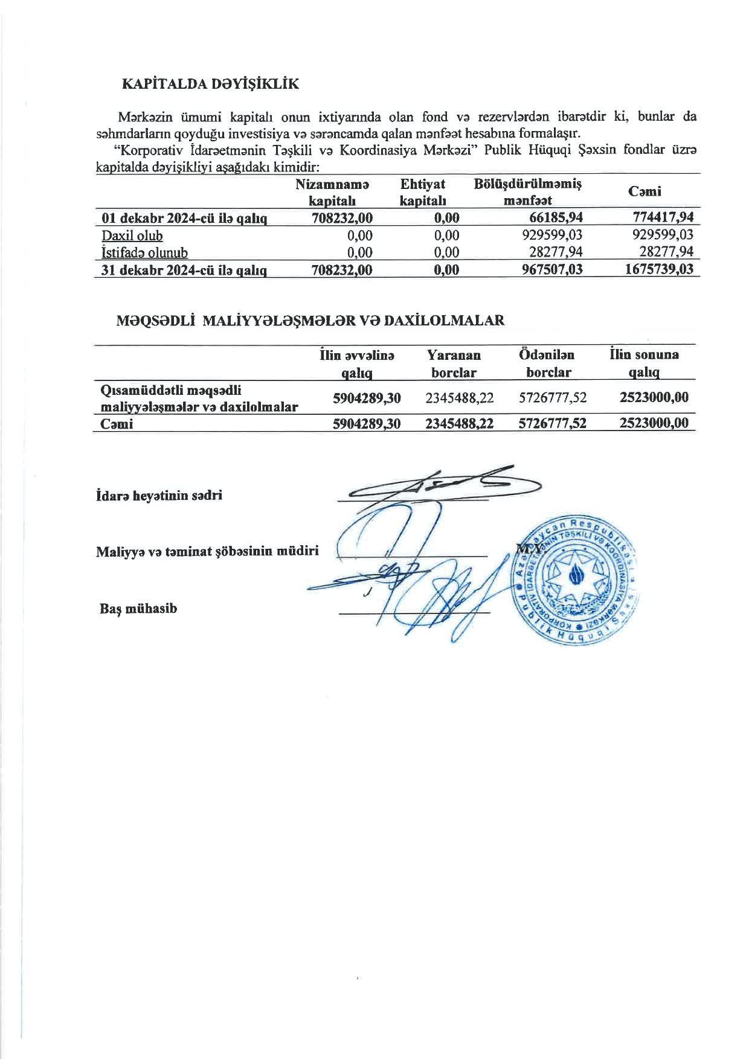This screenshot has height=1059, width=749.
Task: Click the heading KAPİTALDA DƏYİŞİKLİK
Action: (211, 83)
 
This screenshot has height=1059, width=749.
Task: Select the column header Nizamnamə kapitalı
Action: (332, 192)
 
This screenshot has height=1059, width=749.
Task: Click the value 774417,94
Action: (663, 217)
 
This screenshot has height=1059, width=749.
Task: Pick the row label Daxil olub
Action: (132, 235)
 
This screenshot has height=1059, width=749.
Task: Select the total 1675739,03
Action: (659, 269)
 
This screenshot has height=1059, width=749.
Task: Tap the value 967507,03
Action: (552, 269)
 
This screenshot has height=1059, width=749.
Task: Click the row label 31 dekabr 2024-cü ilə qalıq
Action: (184, 270)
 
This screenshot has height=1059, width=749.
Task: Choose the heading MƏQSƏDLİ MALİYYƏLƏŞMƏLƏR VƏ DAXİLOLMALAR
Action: (310, 321)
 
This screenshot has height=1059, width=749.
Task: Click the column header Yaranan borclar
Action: (454, 363)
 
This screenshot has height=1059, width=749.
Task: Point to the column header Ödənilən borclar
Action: (547, 363)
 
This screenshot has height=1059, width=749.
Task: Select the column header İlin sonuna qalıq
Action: (644, 363)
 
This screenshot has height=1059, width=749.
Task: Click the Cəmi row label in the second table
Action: (117, 424)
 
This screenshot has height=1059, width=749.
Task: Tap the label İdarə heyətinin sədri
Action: (159, 496)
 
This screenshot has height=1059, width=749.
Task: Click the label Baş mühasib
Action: (138, 608)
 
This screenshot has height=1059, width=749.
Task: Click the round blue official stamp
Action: (577, 579)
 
